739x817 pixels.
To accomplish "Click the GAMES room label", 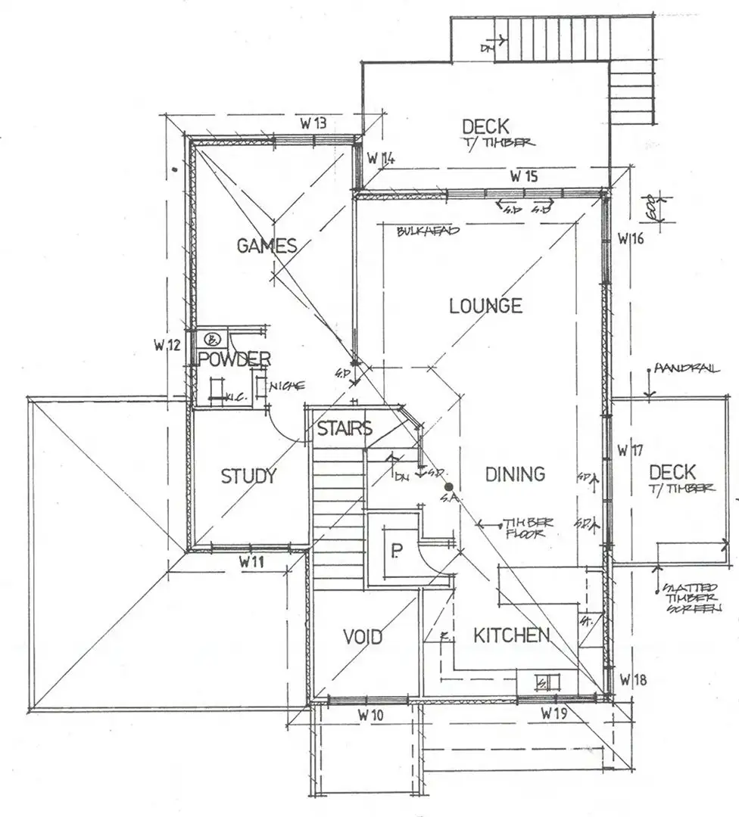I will (x=267, y=245).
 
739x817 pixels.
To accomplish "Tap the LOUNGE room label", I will (x=485, y=306).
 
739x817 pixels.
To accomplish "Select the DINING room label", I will (x=515, y=474).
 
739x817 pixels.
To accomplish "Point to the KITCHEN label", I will (x=511, y=635).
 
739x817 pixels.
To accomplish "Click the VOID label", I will (x=363, y=637).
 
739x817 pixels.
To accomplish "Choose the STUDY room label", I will (x=248, y=477).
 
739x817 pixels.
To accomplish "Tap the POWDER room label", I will (x=235, y=359).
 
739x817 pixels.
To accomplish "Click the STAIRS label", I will (x=345, y=429).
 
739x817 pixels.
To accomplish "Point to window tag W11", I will (x=253, y=562).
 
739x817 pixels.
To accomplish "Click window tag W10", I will (x=371, y=714).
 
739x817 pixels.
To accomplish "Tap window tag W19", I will (x=556, y=713).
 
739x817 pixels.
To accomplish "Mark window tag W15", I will (x=524, y=177).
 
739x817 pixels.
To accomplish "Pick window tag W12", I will (x=166, y=346).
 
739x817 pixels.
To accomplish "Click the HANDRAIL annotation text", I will (x=687, y=368).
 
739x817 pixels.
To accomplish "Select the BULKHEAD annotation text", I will (x=428, y=231).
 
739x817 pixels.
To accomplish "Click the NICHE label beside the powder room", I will (x=285, y=385).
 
